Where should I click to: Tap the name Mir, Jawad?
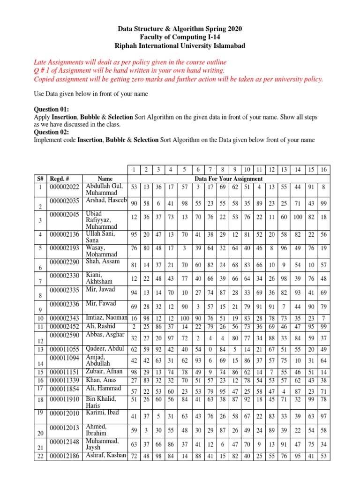(x=100, y=289)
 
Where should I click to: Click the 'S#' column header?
(x=40, y=179)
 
